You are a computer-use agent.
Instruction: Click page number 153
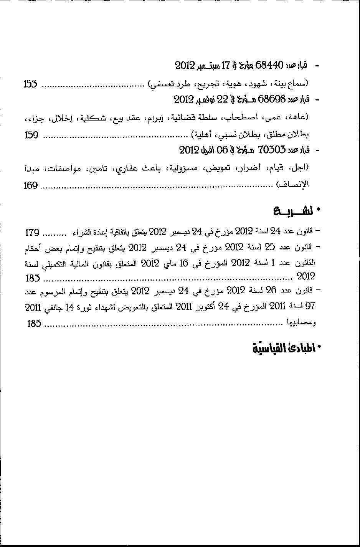pyautogui.click(x=30, y=84)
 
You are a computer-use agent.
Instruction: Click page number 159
pyautogui.click(x=31, y=135)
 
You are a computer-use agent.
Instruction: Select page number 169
pyautogui.click(x=31, y=186)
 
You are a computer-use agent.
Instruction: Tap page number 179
pyautogui.click(x=32, y=232)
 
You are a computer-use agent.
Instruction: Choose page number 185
pyautogui.click(x=34, y=324)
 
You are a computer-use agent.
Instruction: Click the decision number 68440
pyautogui.click(x=269, y=65)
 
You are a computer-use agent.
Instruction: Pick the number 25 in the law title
pyautogui.click(x=271, y=248)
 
